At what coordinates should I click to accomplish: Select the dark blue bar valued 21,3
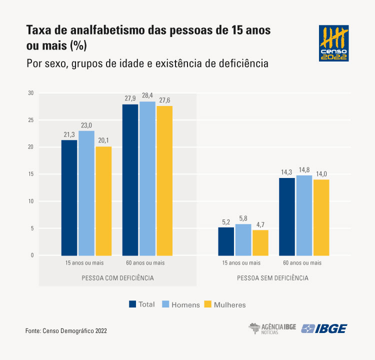coord(69,197)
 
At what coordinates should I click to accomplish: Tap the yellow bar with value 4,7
coord(260,242)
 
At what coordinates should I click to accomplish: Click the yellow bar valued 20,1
coord(103,200)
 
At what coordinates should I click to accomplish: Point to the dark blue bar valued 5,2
coord(226,241)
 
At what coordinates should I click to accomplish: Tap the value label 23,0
coord(86,125)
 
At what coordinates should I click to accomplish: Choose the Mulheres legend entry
coord(225,304)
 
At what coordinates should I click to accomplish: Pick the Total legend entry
coord(142,304)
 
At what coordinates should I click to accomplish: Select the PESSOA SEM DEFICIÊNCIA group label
coord(273,277)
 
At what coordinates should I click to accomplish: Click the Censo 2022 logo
coord(334,43)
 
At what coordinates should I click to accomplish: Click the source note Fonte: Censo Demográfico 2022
coord(66,331)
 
